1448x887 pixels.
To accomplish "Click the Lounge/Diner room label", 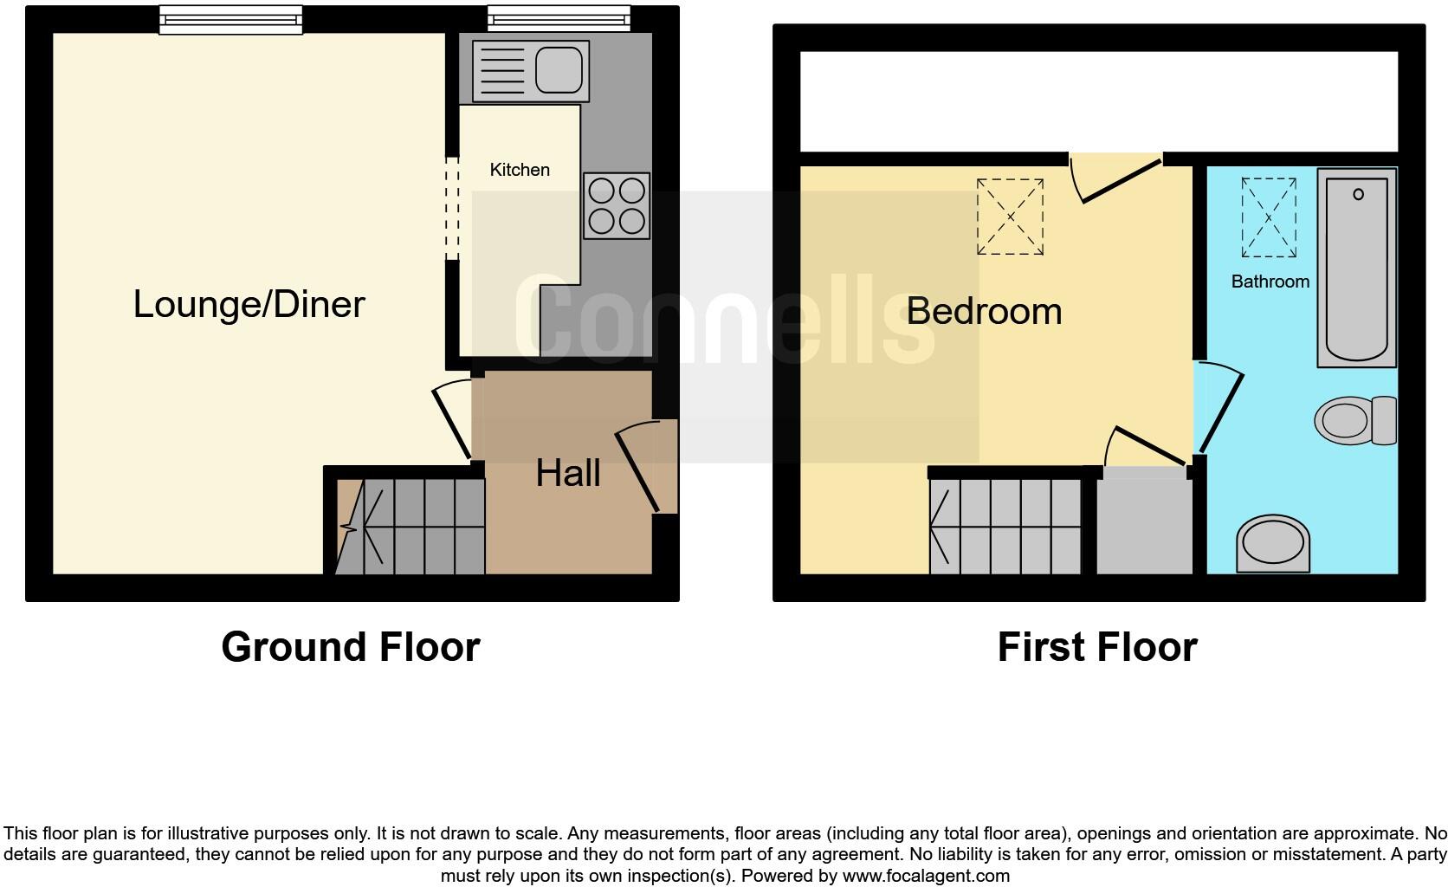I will tap(249, 304).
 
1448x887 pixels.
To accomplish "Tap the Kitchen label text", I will tap(520, 170).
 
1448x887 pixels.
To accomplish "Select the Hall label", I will tap(567, 473).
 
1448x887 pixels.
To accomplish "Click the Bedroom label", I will tap(984, 311).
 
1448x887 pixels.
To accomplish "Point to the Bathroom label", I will tap(1270, 282).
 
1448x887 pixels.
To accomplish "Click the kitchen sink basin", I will tap(558, 69).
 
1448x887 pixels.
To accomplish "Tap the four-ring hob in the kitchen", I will tap(617, 205).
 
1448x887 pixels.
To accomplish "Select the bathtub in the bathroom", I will tap(1356, 267).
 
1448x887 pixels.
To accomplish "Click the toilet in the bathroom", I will tap(1354, 421).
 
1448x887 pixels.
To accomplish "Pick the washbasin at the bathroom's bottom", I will tap(1272, 544).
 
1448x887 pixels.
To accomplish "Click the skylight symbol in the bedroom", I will tap(1010, 217).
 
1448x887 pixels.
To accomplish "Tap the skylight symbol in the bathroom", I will tap(1269, 217).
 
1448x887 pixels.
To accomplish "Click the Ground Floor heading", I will tap(351, 647).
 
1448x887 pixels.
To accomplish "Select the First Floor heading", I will tap(1096, 647).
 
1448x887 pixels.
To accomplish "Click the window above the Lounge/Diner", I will tap(230, 19).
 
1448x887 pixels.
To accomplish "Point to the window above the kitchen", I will tap(559, 17).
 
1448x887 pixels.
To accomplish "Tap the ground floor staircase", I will tap(411, 527).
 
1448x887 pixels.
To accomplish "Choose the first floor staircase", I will tap(1005, 527).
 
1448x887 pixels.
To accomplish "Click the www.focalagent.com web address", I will tap(926, 876).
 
